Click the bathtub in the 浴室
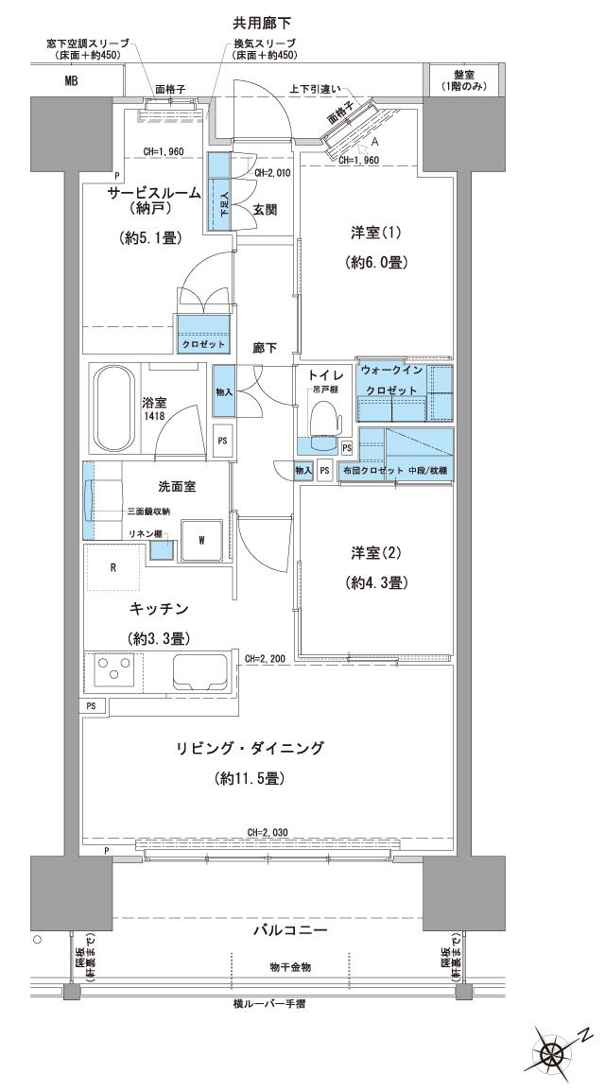coord(116,408)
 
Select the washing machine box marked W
coord(201,540)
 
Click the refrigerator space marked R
coord(114,568)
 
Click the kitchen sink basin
coord(198,674)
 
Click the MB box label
coord(71,81)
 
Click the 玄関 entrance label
coord(265,210)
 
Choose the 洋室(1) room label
coord(377,233)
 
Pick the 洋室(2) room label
coord(376,554)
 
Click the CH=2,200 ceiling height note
coord(265,658)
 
